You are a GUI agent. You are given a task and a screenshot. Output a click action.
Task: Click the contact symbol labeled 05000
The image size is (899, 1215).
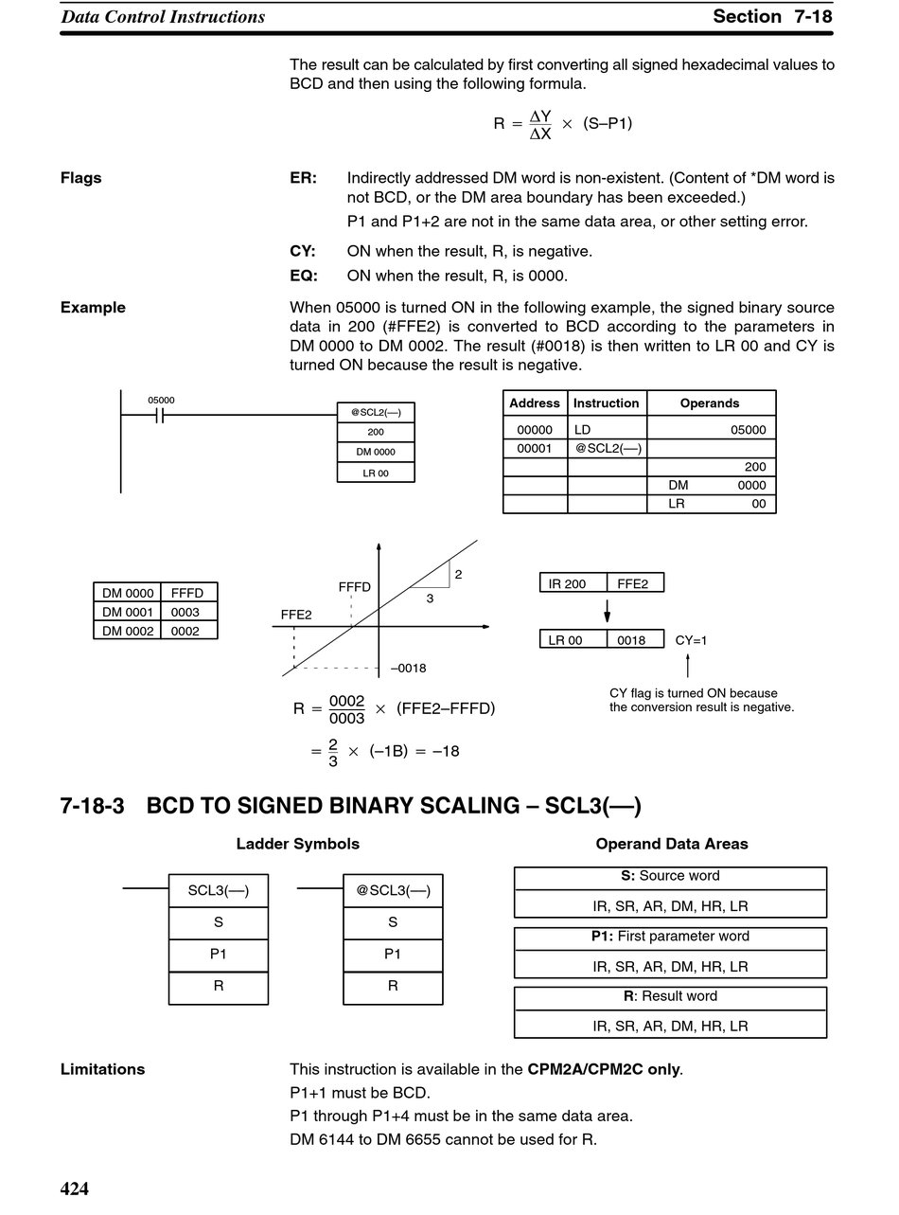point(160,416)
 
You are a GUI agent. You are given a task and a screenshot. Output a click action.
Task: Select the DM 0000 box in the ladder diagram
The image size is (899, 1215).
point(376,452)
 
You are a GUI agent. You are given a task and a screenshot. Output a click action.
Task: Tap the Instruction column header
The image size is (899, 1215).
point(607,402)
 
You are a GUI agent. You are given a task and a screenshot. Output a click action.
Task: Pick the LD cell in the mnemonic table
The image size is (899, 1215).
point(583,430)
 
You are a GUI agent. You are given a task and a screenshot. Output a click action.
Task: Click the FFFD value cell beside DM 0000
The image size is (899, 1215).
point(187,593)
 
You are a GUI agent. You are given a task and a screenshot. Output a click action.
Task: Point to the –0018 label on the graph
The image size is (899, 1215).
point(409,668)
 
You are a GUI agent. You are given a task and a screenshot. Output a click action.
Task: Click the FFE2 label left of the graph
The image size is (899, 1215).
point(296,615)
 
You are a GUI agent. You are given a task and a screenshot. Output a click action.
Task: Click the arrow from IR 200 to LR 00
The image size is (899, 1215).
point(608,611)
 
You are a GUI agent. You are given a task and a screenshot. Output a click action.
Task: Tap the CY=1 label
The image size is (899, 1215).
point(691,640)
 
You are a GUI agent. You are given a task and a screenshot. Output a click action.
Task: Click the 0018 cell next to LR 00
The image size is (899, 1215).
point(631,640)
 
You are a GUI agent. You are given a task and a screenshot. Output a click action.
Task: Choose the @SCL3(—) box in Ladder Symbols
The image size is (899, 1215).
point(393,890)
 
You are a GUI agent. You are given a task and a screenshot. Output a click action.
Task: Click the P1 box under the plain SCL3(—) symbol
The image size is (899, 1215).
point(218,955)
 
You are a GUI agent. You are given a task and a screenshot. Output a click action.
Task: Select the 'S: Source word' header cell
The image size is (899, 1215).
point(670,876)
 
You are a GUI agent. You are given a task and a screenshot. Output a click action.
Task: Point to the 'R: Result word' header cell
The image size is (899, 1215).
point(670,996)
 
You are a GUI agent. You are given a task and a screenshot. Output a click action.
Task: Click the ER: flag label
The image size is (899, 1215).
point(304,178)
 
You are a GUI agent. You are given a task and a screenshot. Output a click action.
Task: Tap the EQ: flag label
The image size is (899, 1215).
point(304,276)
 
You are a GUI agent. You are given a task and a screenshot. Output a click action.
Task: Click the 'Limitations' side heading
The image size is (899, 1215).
point(102,1069)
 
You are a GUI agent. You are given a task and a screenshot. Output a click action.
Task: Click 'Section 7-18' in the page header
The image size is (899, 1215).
point(772,16)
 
